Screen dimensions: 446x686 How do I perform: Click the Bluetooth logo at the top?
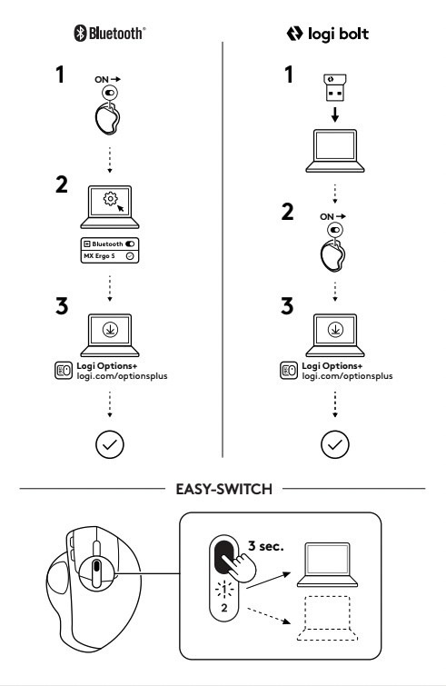pos(110,34)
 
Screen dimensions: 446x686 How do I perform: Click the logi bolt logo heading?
pos(328,34)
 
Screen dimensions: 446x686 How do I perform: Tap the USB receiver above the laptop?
pos(335,87)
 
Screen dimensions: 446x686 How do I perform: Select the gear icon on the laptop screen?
pos(110,199)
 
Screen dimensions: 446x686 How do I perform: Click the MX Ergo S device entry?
pos(110,256)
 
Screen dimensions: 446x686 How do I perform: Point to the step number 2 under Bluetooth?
pos(62,184)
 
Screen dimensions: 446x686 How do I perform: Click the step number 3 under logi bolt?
pos(287,306)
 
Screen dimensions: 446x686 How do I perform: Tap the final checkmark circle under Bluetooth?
pos(109,444)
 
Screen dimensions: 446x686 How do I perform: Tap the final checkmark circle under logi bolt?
pos(335,444)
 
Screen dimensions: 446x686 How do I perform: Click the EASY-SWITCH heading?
pos(223,489)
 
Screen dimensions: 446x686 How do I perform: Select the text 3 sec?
pos(266,546)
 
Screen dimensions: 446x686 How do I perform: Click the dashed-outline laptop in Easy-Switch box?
pos(327,619)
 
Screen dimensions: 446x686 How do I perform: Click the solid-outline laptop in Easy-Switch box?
pos(327,564)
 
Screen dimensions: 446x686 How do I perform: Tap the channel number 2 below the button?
pos(224,608)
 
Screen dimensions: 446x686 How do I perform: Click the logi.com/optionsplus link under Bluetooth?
pos(122,376)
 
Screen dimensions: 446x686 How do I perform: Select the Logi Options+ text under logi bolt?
pos(332,366)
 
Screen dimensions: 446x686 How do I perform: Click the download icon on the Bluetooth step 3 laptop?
pos(110,330)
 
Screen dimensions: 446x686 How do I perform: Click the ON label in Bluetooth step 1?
pos(102,80)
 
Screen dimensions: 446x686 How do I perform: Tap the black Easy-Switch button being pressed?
pos(224,556)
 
